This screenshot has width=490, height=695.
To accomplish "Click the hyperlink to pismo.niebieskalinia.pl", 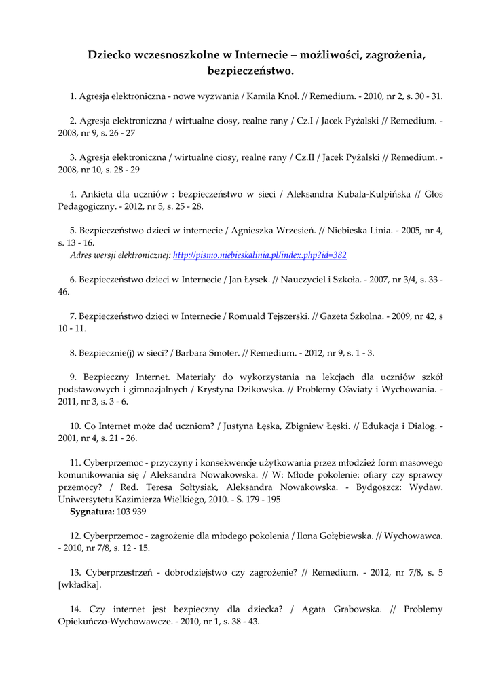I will [260, 255].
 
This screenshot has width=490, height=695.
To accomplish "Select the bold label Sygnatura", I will [92, 511].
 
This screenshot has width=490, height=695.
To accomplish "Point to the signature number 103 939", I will [132, 511].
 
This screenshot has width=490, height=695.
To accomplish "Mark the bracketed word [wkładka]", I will [80, 584].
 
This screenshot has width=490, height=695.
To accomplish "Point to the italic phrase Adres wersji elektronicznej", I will [120, 255].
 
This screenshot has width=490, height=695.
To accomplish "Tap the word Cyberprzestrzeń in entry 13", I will [117, 572].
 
